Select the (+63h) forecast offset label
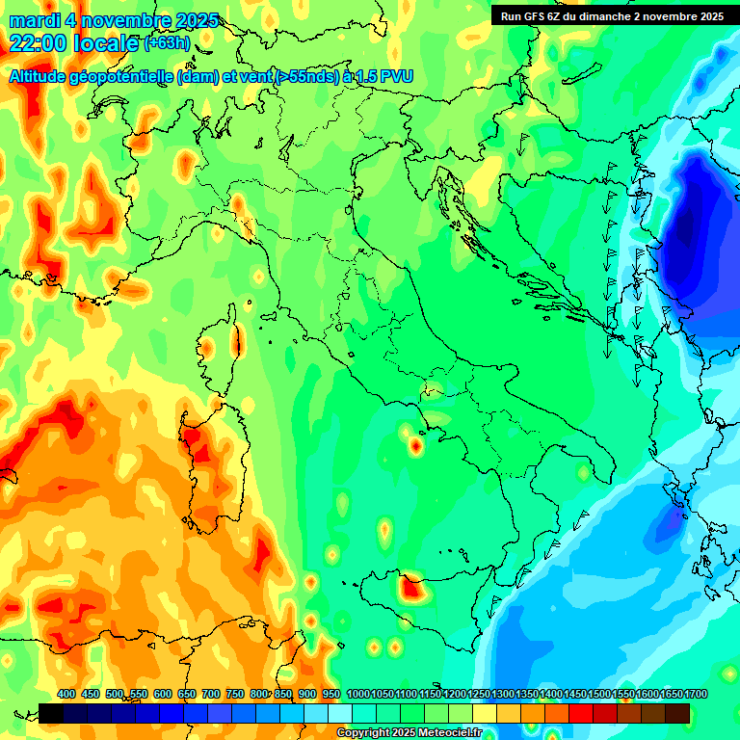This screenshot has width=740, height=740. [166, 43]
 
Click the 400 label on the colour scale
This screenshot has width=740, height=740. [66, 694]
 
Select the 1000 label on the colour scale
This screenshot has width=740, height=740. [357, 694]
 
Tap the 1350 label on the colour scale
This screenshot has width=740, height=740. [527, 694]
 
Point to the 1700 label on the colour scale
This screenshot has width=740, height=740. [696, 694]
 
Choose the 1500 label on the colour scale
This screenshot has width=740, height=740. [599, 694]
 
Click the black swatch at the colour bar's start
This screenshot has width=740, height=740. [51, 713]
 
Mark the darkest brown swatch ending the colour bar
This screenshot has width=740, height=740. [677, 713]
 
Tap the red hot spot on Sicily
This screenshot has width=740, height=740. [412, 586]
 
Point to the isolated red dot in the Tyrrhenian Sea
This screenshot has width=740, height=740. [415, 445]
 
